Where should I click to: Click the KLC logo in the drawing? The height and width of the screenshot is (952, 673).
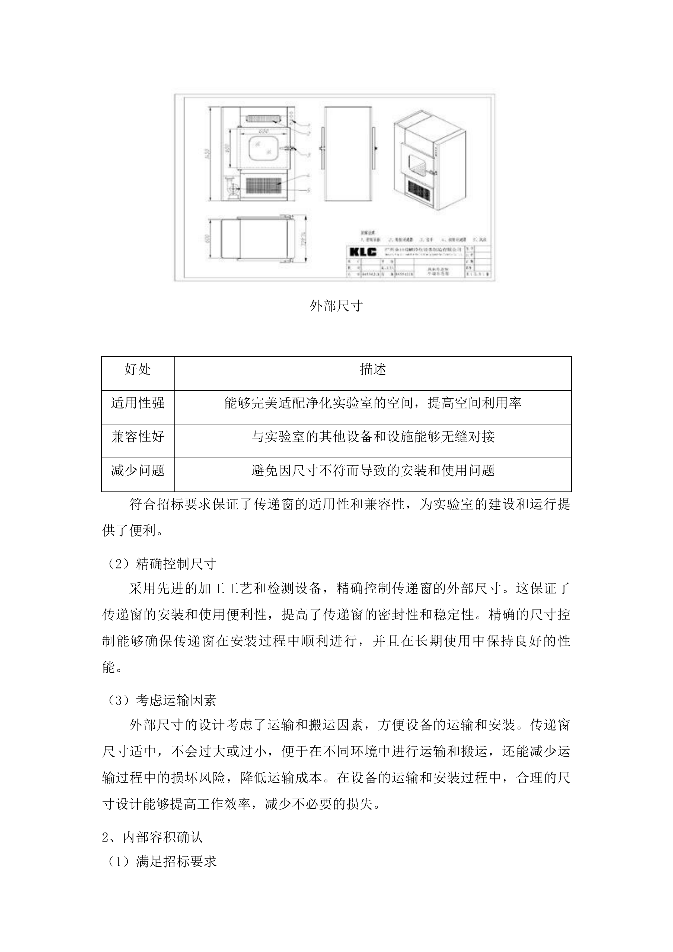pos(363,251)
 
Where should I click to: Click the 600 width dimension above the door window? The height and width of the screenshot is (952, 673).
pos(262,131)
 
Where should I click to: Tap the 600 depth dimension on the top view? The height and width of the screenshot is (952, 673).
pos(207,239)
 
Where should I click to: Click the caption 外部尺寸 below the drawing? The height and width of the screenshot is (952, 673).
pos(336,306)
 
